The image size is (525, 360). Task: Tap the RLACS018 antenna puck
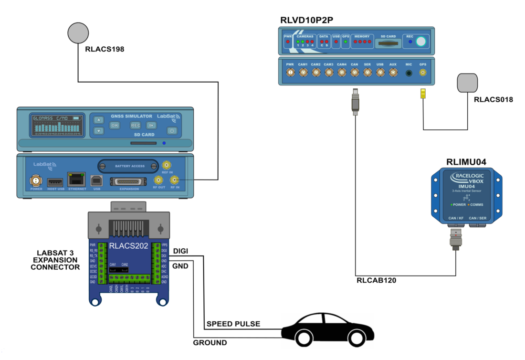click(x=467, y=83)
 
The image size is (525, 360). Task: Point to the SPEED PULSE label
click(x=233, y=324)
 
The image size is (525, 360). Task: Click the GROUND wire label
click(x=210, y=342)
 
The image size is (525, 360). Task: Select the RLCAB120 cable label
click(x=376, y=280)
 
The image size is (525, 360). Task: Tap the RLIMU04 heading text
click(x=466, y=162)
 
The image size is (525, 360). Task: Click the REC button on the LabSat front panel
click(x=136, y=125)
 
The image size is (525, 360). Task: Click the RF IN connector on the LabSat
click(x=175, y=180)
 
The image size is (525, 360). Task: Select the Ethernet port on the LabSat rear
click(x=76, y=180)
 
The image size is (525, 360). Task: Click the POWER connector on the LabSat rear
click(x=35, y=180)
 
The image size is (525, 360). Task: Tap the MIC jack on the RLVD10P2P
click(x=409, y=73)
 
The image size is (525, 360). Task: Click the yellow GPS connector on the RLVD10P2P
click(x=423, y=73)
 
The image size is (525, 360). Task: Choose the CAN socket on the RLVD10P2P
click(x=355, y=73)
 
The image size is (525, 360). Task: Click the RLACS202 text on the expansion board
click(x=129, y=246)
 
